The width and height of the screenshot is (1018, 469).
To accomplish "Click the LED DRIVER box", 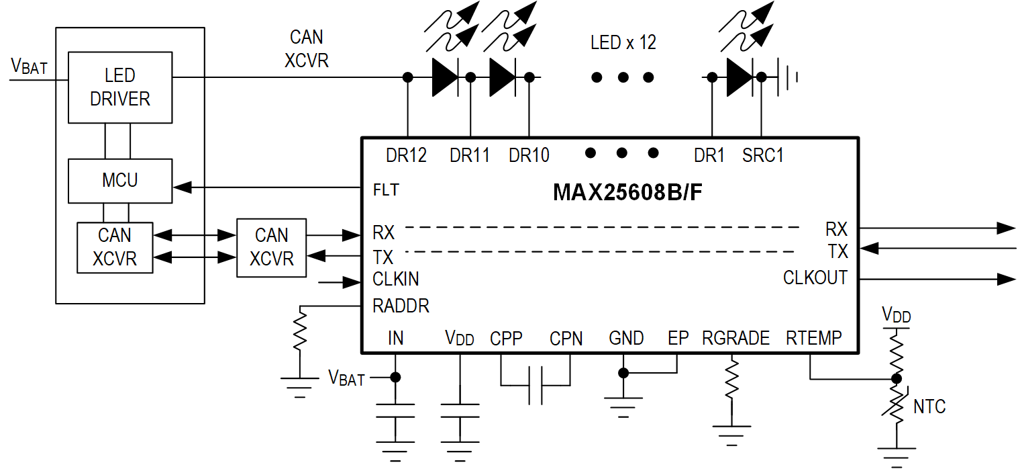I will pyautogui.click(x=120, y=87).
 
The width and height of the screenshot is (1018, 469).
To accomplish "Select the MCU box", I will pyautogui.click(x=120, y=181).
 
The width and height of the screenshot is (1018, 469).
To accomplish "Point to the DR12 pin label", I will pyautogui.click(x=406, y=156).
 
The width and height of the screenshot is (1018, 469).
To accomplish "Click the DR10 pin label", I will pyautogui.click(x=529, y=156).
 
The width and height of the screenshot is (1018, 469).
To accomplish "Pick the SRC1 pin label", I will pyautogui.click(x=763, y=156).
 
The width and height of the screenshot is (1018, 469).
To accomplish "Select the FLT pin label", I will pyautogui.click(x=386, y=190).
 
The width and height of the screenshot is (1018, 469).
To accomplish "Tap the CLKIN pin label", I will pyautogui.click(x=396, y=279).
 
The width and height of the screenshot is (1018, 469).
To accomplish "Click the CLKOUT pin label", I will pyautogui.click(x=815, y=278).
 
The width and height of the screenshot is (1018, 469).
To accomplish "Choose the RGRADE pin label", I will pyautogui.click(x=735, y=339).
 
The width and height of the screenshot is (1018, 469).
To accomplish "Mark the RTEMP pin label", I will pyautogui.click(x=813, y=339).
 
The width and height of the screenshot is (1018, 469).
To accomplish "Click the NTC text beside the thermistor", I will pyautogui.click(x=929, y=407).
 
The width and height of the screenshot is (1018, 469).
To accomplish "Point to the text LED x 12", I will pyautogui.click(x=623, y=43).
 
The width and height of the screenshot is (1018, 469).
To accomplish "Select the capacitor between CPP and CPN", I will pyautogui.click(x=535, y=385).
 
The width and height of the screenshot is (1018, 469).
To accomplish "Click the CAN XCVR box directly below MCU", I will pyautogui.click(x=115, y=247).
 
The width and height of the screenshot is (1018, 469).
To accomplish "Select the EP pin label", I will pyautogui.click(x=678, y=339).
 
